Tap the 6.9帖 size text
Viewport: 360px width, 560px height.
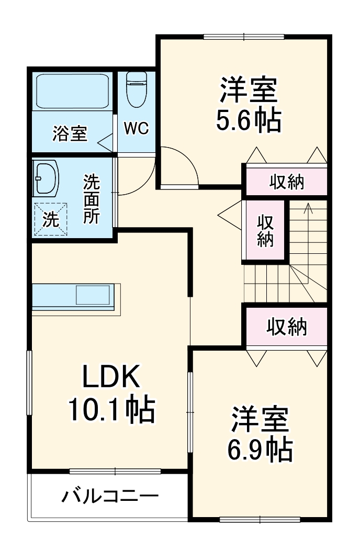tap(260, 448)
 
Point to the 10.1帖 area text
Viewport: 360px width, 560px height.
tap(111, 410)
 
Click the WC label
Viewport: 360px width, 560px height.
tap(136, 128)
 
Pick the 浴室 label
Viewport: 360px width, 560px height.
tap(70, 134)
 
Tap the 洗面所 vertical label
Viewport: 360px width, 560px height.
tap(92, 199)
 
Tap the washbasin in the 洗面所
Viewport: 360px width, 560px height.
tap(46, 177)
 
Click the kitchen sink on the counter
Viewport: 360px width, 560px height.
tap(93, 295)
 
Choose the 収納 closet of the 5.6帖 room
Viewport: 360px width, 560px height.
tap(286, 182)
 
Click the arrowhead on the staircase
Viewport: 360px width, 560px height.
tap(308, 208)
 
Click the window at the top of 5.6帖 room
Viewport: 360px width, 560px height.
tap(243, 37)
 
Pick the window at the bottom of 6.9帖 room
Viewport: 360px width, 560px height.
tap(260, 520)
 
